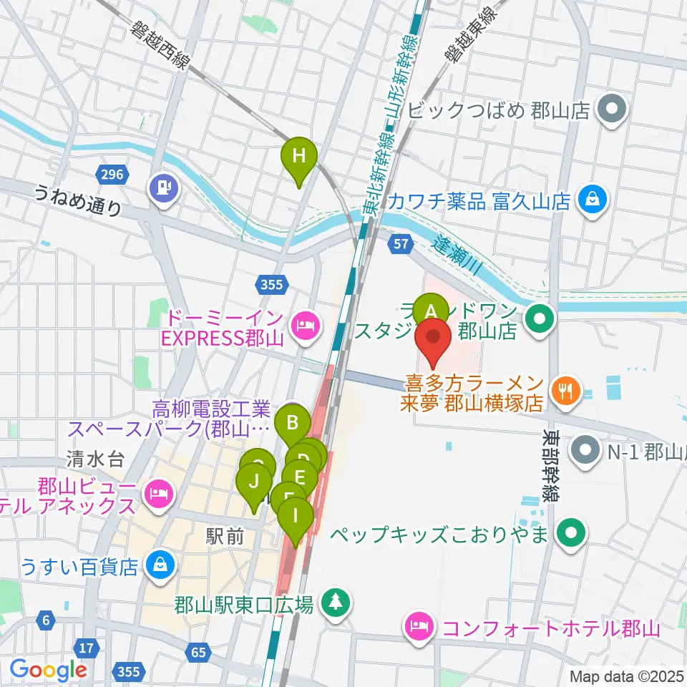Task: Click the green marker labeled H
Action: pyautogui.click(x=298, y=157)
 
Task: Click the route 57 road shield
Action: pyautogui.click(x=401, y=245)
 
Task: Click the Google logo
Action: pyautogui.click(x=48, y=670)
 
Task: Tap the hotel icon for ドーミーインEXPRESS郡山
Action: pyautogui.click(x=307, y=327)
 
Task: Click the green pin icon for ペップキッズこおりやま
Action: pyautogui.click(x=571, y=533)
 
